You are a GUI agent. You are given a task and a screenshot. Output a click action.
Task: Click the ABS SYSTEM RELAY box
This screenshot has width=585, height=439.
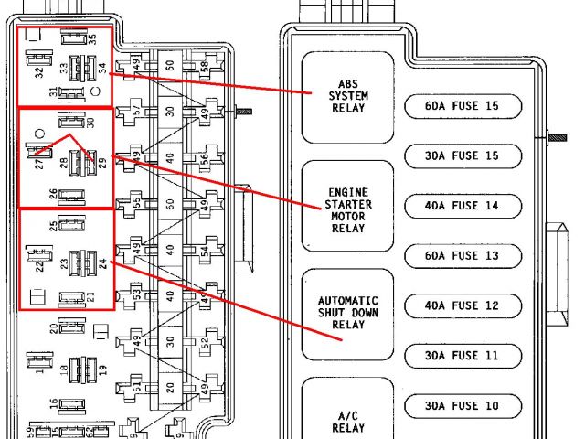tap(348, 96)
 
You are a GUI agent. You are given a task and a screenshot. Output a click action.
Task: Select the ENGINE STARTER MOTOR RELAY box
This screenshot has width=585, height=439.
tap(348, 210)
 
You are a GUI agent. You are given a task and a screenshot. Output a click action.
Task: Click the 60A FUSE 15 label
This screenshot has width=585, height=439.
tap(463, 106)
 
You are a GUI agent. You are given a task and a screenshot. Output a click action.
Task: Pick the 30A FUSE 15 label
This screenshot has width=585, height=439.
tap(463, 156)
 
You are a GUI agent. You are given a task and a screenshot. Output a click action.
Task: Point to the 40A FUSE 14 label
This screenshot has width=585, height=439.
tap(463, 207)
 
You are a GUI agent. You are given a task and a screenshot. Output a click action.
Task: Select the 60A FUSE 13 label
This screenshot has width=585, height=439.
tap(463, 256)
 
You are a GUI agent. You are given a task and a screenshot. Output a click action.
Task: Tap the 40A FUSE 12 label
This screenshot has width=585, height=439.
tap(463, 305)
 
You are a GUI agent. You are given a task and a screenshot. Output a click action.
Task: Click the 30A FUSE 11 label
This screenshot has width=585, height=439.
tap(463, 355)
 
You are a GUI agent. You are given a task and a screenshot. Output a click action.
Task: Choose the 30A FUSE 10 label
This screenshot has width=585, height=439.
tap(463, 405)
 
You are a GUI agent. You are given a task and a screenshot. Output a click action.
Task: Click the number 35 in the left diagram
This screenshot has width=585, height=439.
tap(91, 39)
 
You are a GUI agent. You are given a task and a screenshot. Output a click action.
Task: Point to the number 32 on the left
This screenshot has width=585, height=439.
tap(38, 73)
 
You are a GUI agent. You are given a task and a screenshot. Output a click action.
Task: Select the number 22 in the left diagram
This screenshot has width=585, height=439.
tap(39, 266)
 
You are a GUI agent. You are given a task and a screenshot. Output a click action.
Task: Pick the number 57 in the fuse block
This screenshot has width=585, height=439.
tap(137, 111)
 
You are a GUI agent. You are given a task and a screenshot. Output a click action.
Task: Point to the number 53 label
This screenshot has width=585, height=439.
tap(137, 294)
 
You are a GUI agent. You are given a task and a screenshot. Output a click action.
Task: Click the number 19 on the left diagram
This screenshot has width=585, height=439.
tap(102, 371)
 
